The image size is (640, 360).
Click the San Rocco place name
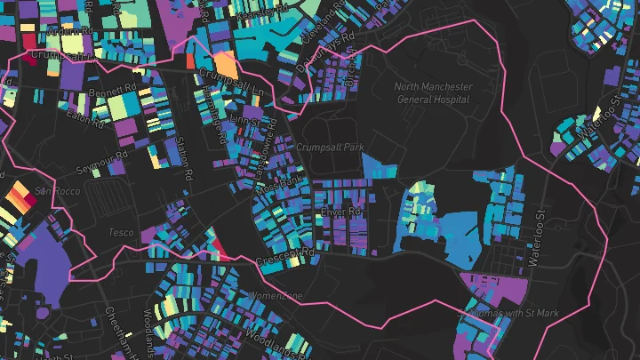(x=57, y=191)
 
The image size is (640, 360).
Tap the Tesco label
(x=121, y=233)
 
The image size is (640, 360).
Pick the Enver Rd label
(x=342, y=212)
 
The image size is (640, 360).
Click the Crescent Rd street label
(x=285, y=258)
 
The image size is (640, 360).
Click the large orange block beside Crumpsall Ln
(x=226, y=65)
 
